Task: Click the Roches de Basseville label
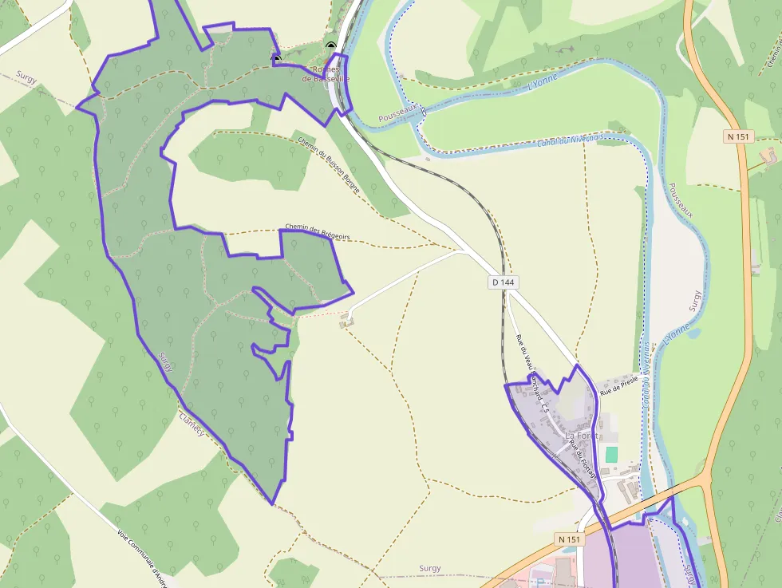326,74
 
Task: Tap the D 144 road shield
504,282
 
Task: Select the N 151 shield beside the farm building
739,136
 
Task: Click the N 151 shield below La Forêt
568,540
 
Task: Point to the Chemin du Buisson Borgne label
329,164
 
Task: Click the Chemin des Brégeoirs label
317,231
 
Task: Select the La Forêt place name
580,436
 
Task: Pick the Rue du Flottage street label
583,458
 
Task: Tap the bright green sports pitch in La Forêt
611,454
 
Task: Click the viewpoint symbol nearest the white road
331,45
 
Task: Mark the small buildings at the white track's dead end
346,321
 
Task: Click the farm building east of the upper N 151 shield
769,154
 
